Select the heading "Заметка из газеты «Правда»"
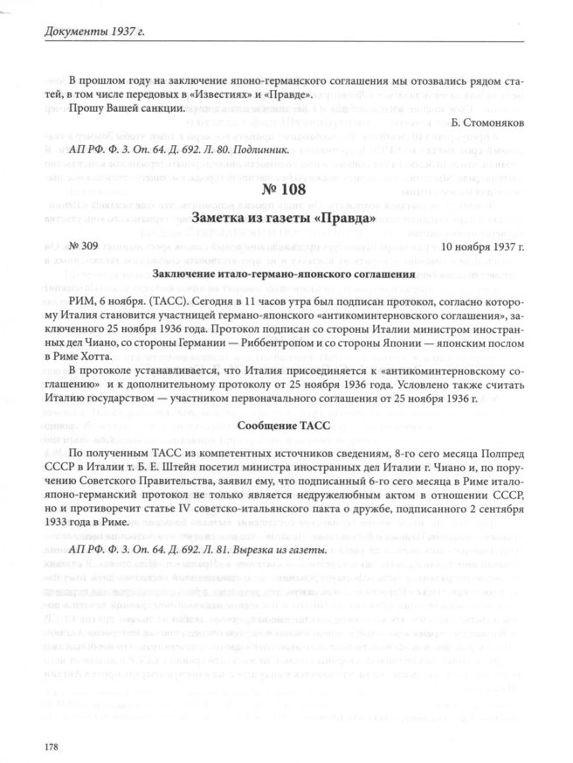(x=286, y=218)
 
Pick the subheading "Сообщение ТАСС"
(x=286, y=426)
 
